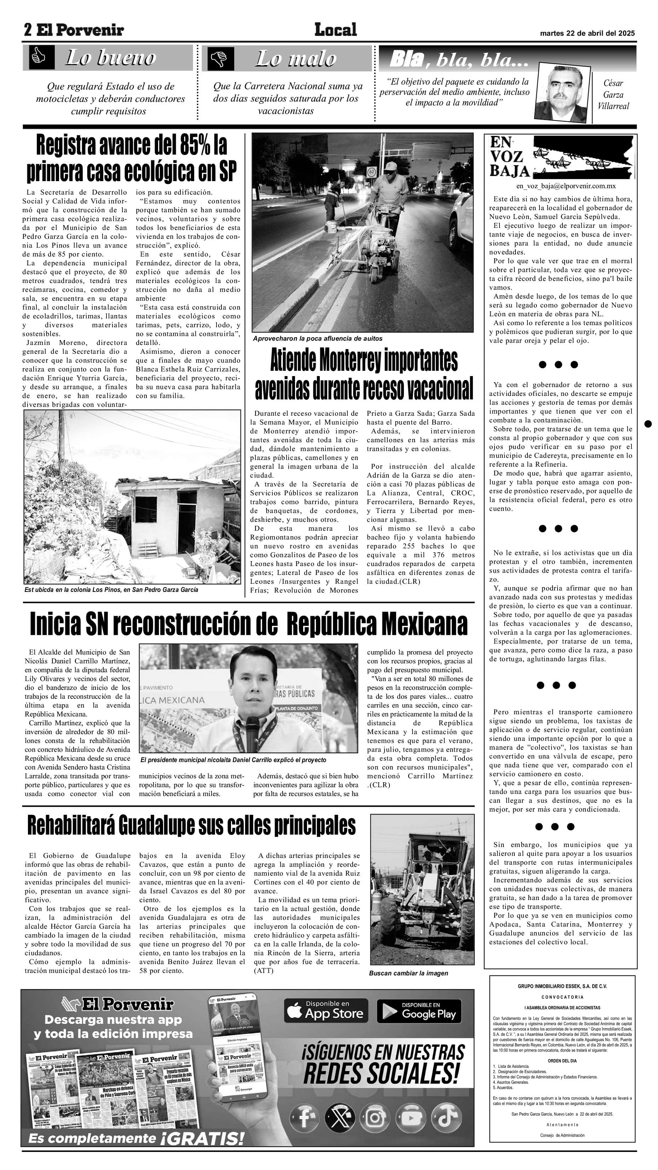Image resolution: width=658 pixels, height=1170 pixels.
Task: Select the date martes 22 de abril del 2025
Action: [587, 33]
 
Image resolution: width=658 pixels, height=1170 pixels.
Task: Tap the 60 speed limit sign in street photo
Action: [371, 172]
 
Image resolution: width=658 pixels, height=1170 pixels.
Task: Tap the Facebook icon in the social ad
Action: [304, 1118]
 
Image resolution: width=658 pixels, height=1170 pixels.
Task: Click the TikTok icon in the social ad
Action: [446, 1118]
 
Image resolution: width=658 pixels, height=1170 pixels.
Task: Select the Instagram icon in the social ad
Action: [375, 1118]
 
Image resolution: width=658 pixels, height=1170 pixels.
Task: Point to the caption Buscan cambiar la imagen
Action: [408, 973]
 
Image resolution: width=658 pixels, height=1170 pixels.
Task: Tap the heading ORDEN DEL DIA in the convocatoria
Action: [562, 1061]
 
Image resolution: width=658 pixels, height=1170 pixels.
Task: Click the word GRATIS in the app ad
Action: [207, 1139]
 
